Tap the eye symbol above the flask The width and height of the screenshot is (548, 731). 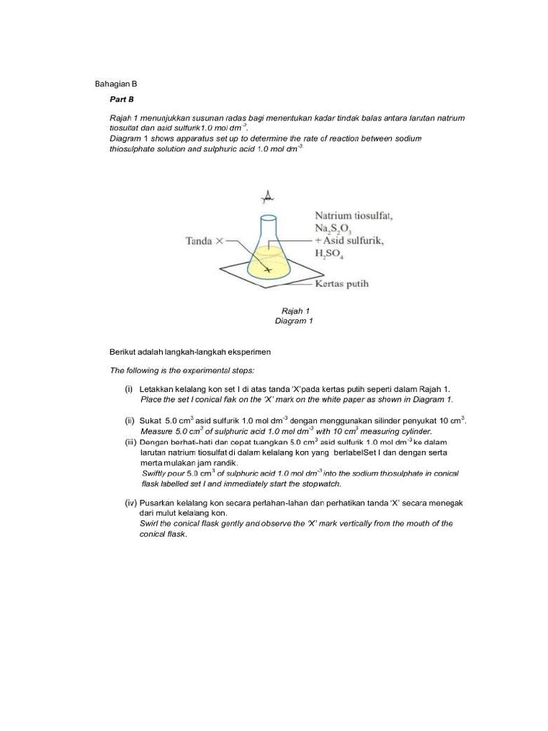[268, 196]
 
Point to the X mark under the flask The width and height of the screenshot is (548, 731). [268, 270]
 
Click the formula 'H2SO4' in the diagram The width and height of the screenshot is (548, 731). [330, 254]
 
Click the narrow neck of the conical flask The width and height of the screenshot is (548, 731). [267, 228]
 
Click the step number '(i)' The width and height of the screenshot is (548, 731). [129, 389]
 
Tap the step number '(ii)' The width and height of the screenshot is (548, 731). [130, 420]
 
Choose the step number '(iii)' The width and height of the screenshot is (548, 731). [131, 442]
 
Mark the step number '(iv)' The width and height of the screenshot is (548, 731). [130, 503]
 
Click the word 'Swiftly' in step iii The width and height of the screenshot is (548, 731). [156, 473]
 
